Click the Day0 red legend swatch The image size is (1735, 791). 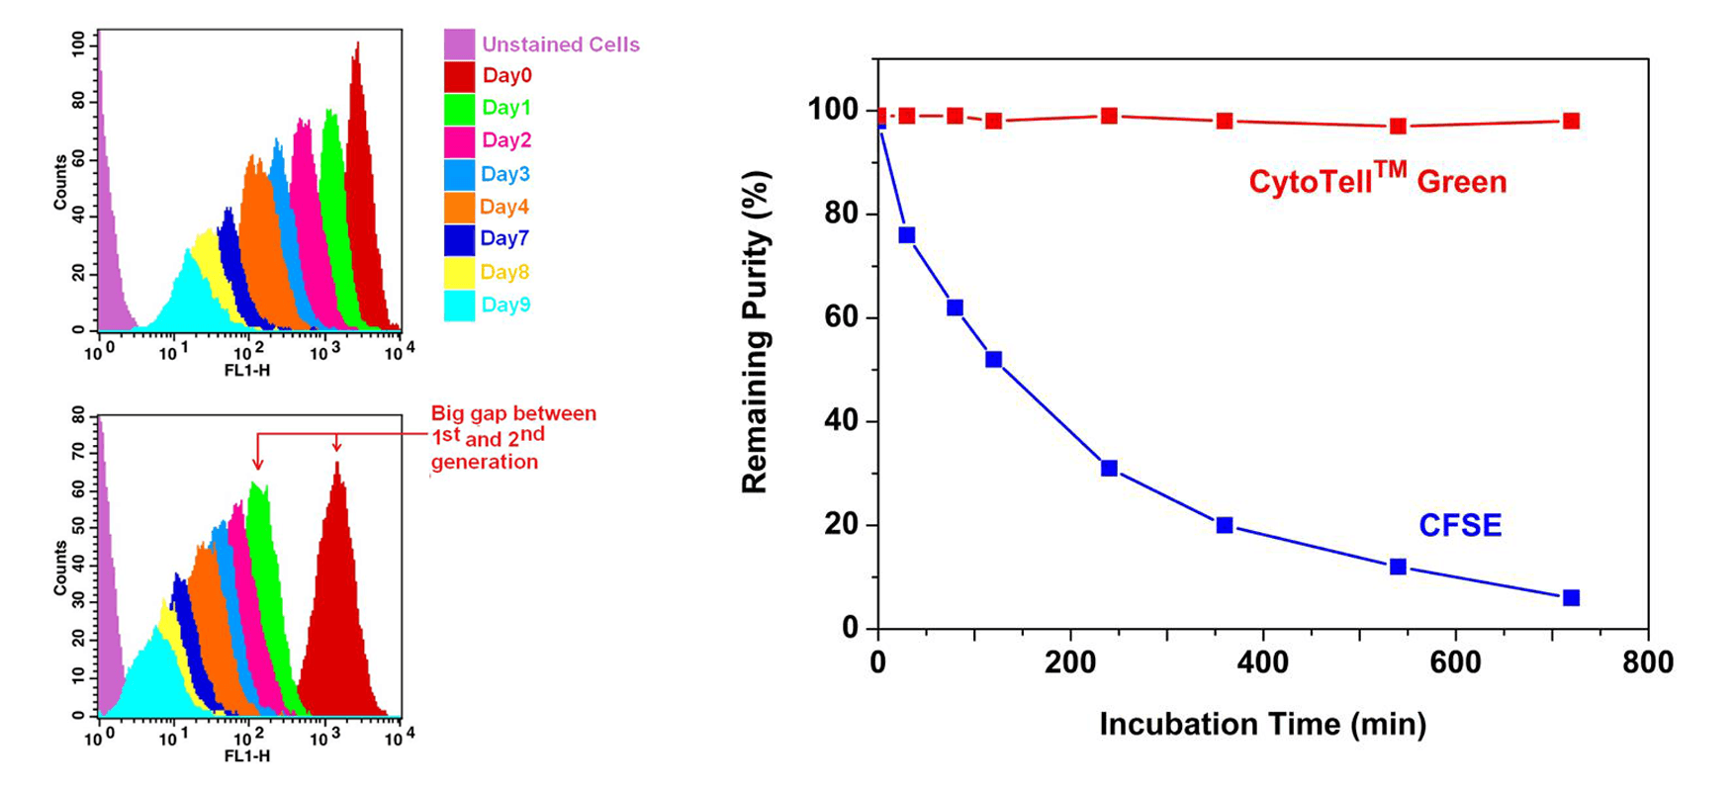coord(459,76)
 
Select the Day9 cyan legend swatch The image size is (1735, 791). coord(459,306)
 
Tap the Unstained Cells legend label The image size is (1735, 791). coord(561,44)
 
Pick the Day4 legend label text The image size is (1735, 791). coord(504,207)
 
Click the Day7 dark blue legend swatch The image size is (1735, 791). coord(459,239)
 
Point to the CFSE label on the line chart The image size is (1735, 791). coord(1460,525)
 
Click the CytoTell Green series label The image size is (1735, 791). coord(1377,179)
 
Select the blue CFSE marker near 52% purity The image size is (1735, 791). coord(994,359)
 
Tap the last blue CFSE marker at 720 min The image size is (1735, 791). coord(1571,597)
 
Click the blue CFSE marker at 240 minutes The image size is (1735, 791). coord(1109,468)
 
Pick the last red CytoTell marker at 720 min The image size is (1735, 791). coord(1571,121)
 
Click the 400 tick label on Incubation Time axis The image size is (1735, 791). coord(1263,661)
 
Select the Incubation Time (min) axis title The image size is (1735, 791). coord(1263,724)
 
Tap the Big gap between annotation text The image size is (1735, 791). coord(513,414)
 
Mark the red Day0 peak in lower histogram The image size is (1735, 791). coord(337,465)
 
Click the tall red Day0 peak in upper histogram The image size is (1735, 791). coord(356,45)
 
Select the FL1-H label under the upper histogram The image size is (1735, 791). coord(247,370)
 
